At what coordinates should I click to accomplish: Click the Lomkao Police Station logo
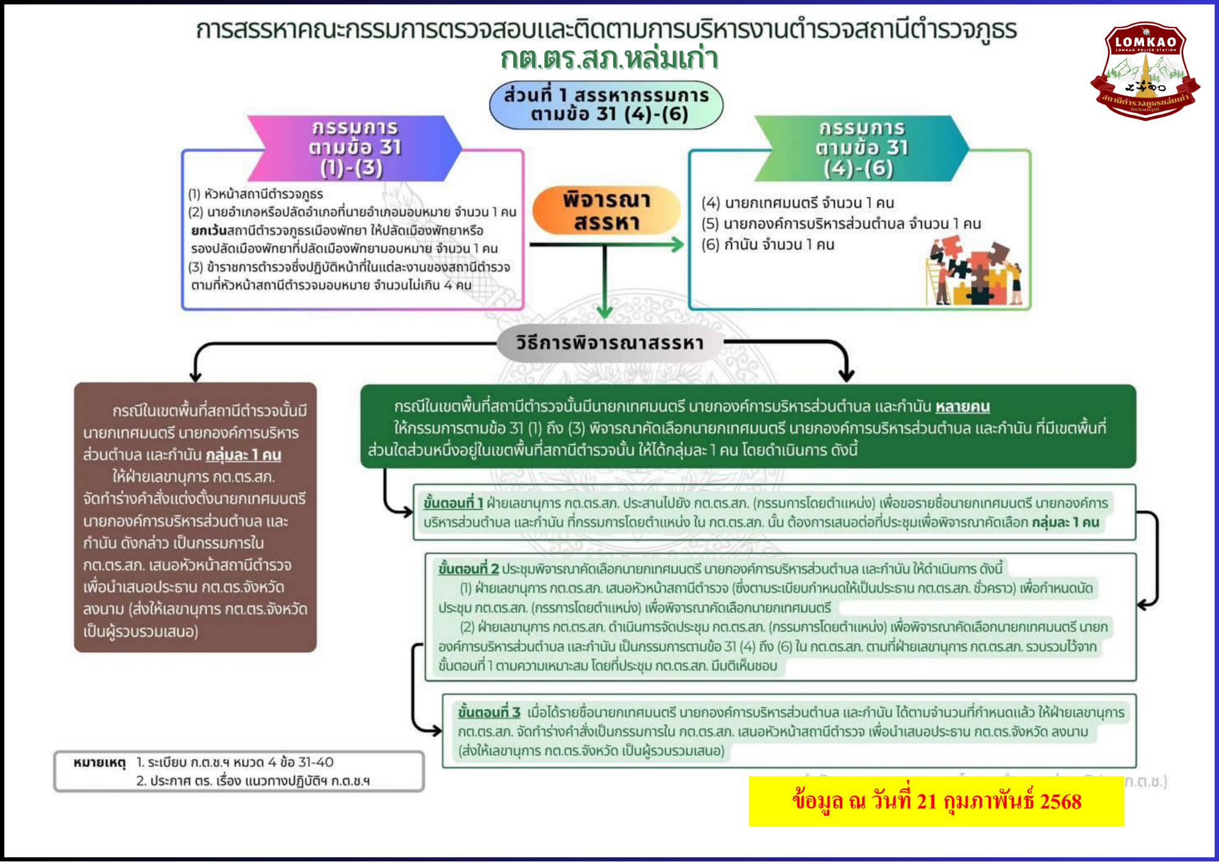tap(1145, 70)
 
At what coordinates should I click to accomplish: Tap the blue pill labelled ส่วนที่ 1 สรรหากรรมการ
tap(606, 105)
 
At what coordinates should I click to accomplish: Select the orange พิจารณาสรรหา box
tap(606, 211)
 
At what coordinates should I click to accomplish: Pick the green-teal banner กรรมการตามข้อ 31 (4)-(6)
tap(861, 148)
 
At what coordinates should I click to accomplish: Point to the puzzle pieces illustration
tap(974, 272)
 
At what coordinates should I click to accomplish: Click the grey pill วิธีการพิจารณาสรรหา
tap(609, 343)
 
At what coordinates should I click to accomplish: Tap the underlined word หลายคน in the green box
tap(962, 407)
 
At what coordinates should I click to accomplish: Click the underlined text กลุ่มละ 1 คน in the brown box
tap(243, 455)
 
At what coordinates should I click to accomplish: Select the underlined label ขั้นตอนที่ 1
tap(453, 503)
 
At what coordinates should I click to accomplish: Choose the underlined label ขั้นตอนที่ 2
tap(468, 569)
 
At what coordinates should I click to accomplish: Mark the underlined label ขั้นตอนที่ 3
tap(489, 712)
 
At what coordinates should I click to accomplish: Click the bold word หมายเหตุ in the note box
tap(99, 763)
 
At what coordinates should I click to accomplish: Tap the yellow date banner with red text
tap(936, 801)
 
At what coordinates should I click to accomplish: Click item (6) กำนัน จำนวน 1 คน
tap(767, 245)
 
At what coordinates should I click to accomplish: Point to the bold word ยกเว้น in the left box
tap(208, 230)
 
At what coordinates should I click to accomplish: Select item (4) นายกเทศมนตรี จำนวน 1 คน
tap(797, 203)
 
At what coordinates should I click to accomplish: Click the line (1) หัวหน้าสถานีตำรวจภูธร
tap(255, 194)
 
